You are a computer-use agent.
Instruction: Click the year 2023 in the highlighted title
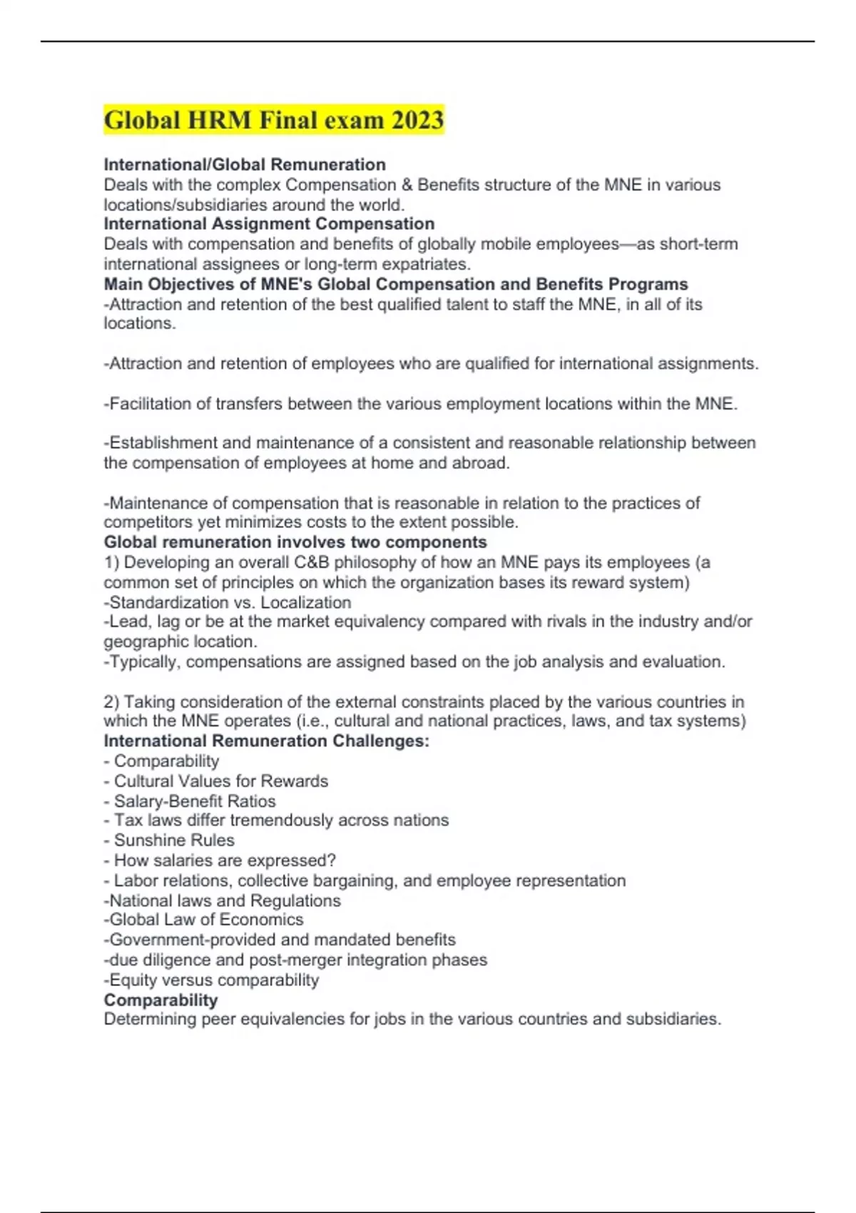417,120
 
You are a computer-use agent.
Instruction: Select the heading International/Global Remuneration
245,165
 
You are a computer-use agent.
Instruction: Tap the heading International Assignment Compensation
269,224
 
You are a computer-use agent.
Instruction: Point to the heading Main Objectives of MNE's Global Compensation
396,284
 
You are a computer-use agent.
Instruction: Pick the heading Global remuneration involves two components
295,542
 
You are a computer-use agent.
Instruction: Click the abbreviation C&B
312,562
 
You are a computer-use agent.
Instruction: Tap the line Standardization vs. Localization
228,602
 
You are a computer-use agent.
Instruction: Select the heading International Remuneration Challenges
266,741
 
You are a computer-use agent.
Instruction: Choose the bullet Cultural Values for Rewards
220,781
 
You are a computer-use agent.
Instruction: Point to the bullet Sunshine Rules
173,841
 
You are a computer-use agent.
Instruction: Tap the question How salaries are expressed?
224,861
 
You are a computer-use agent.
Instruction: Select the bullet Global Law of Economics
204,920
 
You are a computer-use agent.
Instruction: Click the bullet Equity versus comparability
212,980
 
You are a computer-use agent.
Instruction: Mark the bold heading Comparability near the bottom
160,1000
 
